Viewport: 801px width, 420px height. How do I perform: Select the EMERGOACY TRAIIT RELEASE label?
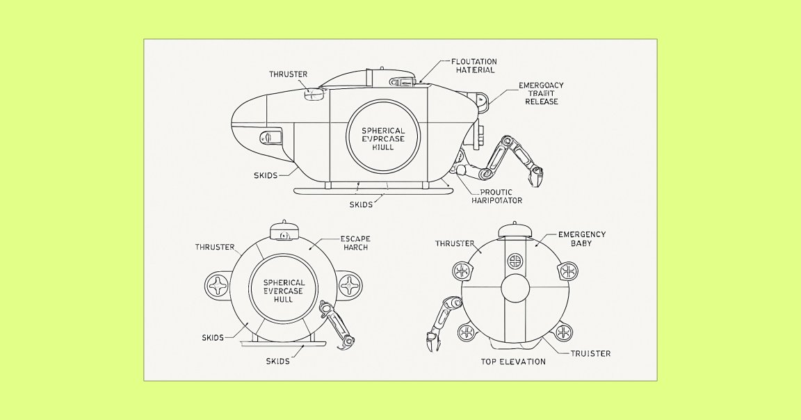pos(542,93)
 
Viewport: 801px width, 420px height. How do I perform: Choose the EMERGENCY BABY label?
pos(582,239)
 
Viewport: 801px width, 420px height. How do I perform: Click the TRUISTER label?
pos(591,353)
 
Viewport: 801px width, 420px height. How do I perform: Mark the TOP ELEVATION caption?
pos(513,362)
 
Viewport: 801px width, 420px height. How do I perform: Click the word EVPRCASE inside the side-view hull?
pos(382,139)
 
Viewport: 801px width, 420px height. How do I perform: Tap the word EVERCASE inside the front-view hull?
pos(283,291)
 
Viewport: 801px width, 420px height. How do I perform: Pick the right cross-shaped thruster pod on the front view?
pos(349,284)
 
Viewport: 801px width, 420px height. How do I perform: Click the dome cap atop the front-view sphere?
pos(283,230)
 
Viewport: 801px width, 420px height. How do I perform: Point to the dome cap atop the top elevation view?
pos(512,229)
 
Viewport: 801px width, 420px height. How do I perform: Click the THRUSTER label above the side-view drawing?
pos(288,74)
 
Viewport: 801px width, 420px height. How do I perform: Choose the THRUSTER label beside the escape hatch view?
pos(214,247)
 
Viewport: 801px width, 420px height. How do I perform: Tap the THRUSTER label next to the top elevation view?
pos(455,244)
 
